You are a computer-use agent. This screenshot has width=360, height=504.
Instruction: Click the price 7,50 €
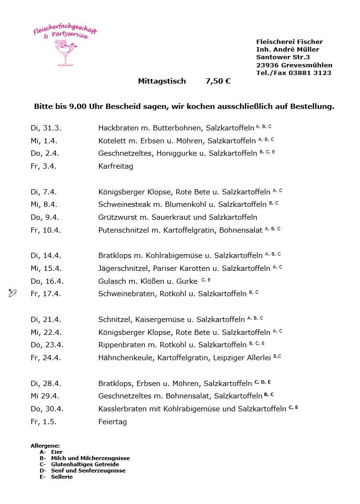tap(218, 81)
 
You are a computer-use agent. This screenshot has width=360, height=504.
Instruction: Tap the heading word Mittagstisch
tap(162, 81)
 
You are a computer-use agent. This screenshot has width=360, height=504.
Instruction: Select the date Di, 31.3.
tap(46, 128)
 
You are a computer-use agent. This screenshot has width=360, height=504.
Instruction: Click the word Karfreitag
tap(116, 166)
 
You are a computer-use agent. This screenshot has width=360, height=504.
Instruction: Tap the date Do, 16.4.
tap(47, 281)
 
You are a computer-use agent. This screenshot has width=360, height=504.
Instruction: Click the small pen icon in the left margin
tap(12, 293)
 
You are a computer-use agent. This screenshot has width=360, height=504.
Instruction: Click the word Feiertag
tap(112, 422)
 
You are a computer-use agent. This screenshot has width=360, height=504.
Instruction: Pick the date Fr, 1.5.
tap(44, 422)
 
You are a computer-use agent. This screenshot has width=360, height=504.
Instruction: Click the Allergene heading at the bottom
tap(45, 445)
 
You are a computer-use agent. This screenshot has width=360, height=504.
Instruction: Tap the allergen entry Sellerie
tap(62, 477)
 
